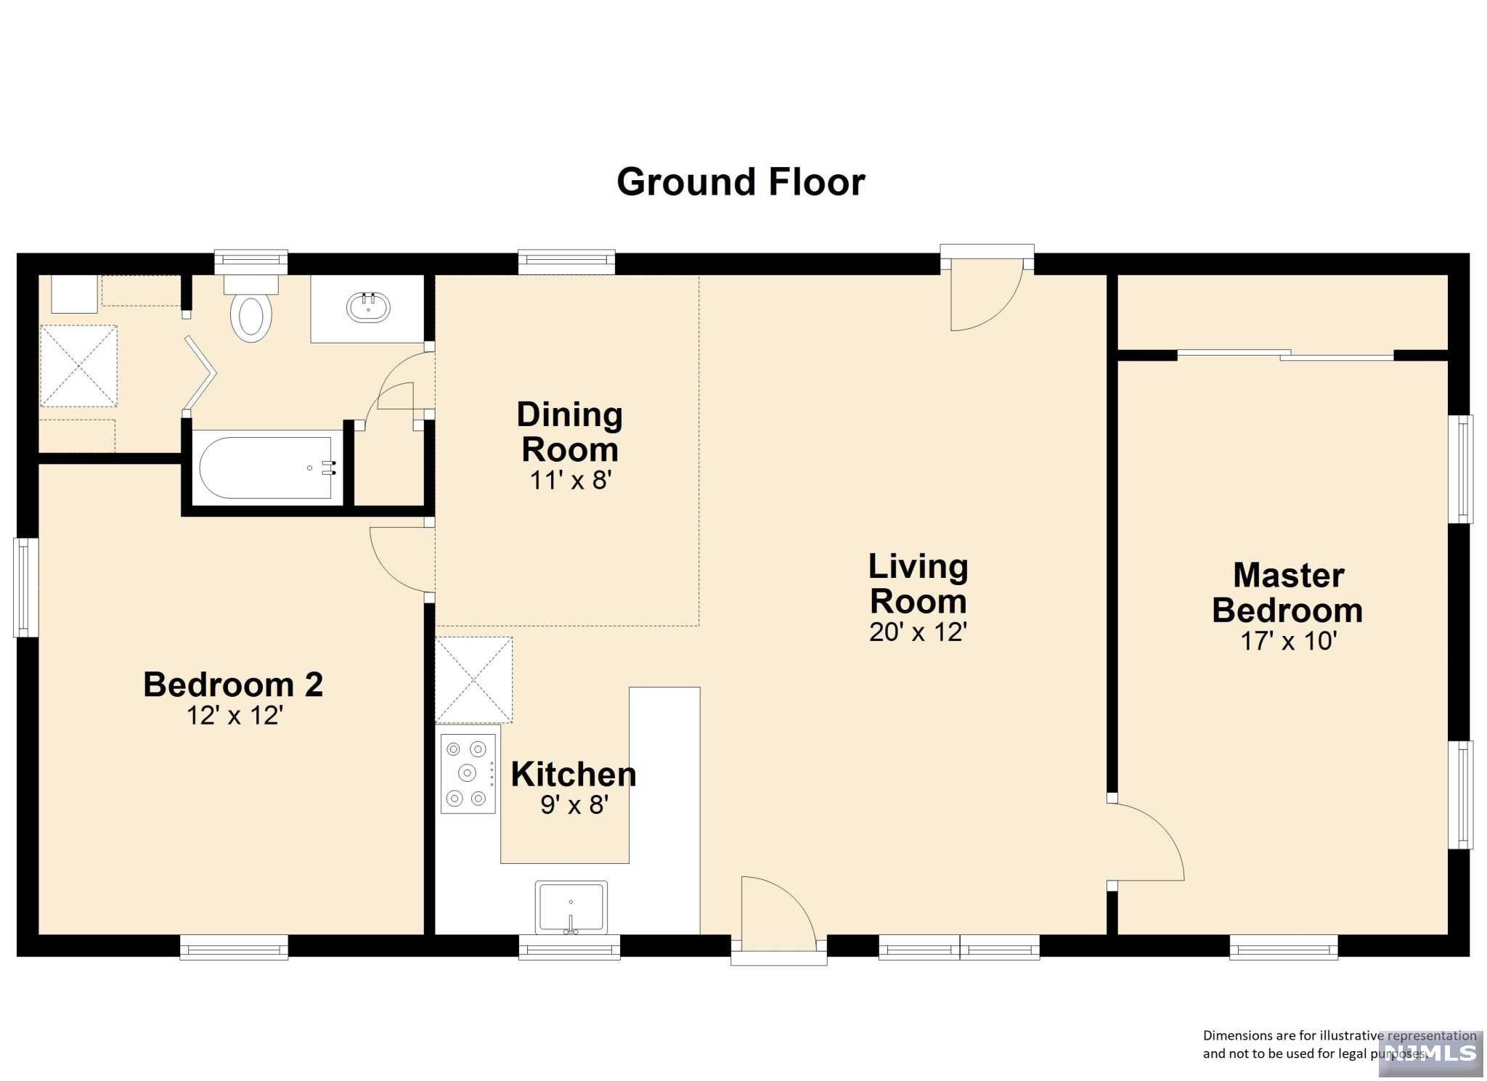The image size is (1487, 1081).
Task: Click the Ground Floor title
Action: click(741, 182)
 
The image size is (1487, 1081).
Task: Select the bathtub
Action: click(267, 468)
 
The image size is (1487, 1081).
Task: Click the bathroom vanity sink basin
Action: click(369, 307)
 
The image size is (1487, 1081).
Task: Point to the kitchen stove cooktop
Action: click(468, 773)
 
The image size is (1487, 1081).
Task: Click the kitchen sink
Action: click(571, 907)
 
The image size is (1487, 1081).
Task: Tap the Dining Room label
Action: click(570, 432)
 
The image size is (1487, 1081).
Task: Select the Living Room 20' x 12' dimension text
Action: click(918, 632)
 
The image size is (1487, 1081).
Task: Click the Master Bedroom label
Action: click(1287, 592)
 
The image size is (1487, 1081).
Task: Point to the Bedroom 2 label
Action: click(233, 685)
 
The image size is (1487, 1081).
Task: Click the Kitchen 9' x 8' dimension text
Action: click(574, 805)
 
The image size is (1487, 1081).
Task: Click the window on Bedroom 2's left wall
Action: click(26, 587)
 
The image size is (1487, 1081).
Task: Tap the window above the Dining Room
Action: click(567, 262)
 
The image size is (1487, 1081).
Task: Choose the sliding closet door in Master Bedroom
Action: click(1285, 355)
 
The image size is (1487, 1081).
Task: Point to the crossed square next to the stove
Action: click(474, 680)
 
